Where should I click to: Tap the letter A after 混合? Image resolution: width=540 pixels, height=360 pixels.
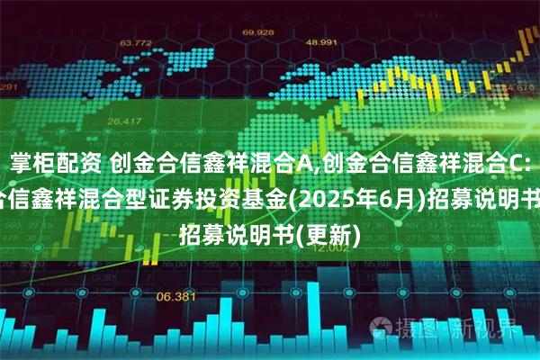point(307,163)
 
